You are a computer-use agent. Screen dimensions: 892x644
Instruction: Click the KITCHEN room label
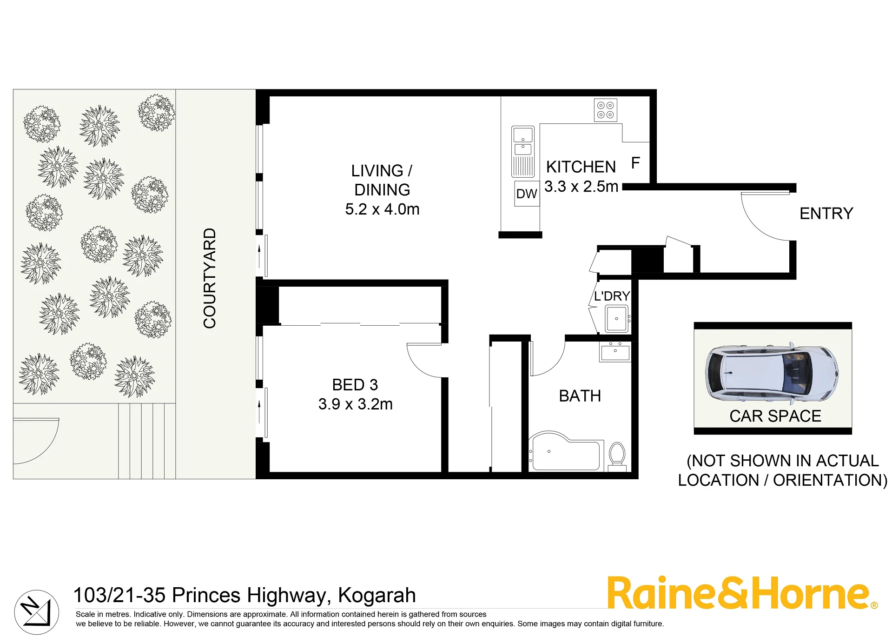(581, 167)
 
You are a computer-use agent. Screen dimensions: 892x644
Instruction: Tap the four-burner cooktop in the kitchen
(606, 110)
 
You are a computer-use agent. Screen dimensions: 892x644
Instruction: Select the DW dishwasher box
(527, 194)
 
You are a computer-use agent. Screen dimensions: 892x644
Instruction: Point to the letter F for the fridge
(635, 163)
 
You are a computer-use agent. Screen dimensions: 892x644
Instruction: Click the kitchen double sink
(523, 151)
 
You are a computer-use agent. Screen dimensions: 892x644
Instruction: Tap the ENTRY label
(826, 214)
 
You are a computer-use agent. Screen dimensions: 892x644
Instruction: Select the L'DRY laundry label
(612, 296)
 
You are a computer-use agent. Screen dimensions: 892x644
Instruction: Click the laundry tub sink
(617, 319)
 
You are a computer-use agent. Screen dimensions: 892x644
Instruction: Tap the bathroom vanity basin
(615, 352)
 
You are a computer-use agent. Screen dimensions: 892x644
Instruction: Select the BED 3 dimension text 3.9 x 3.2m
(355, 404)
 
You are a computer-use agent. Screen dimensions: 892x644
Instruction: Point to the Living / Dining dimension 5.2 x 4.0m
(382, 209)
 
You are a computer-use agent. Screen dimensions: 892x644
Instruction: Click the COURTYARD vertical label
(210, 278)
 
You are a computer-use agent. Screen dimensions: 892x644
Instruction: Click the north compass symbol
(37, 612)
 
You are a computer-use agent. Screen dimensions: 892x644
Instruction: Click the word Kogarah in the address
(377, 595)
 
